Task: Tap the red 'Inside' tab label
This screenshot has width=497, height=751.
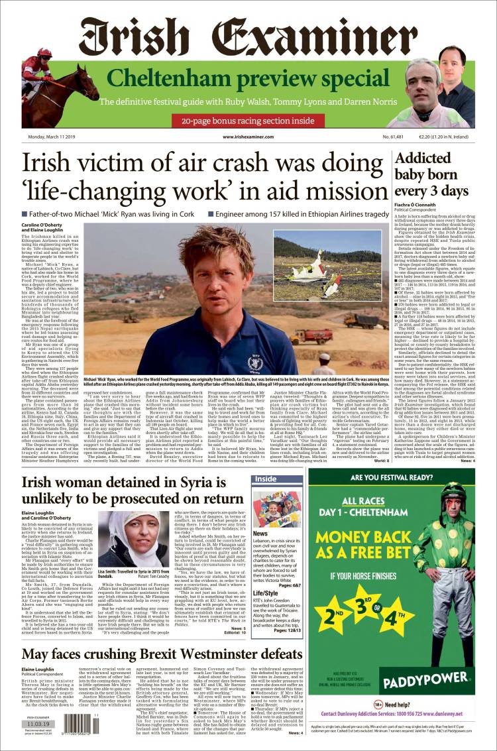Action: [x=266, y=479]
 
